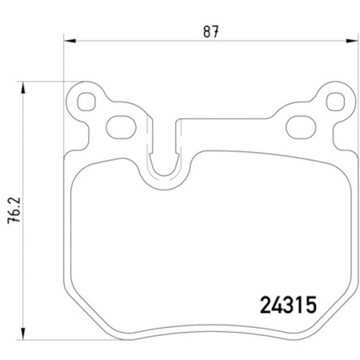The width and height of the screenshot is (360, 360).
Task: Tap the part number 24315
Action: (289, 305)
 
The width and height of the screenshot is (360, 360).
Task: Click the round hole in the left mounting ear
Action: (82, 101)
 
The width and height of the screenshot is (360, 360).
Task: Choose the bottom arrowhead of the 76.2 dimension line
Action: (23, 334)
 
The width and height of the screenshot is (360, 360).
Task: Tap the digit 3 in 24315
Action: (289, 305)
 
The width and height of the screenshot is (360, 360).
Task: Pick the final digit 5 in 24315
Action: (312, 305)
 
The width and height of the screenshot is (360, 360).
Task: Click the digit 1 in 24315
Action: (301, 305)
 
